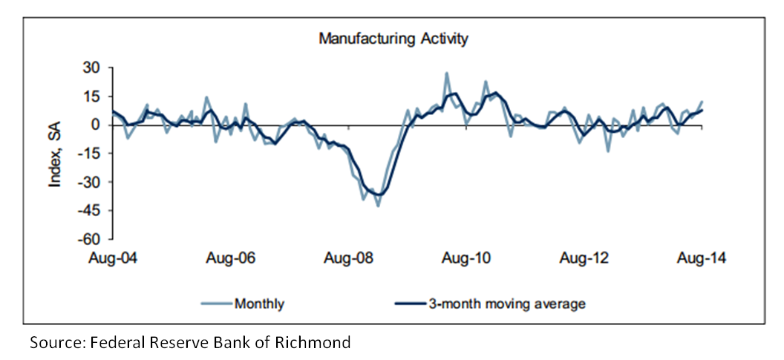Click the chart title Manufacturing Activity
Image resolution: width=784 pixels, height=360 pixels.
(x=393, y=39)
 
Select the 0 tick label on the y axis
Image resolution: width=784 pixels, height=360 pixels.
(x=94, y=125)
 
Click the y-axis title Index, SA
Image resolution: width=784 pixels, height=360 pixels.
(x=55, y=154)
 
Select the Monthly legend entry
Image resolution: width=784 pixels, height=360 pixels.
(x=259, y=303)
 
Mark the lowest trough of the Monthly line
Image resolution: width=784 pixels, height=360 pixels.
(x=378, y=206)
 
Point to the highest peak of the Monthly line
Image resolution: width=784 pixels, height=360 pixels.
(x=446, y=73)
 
